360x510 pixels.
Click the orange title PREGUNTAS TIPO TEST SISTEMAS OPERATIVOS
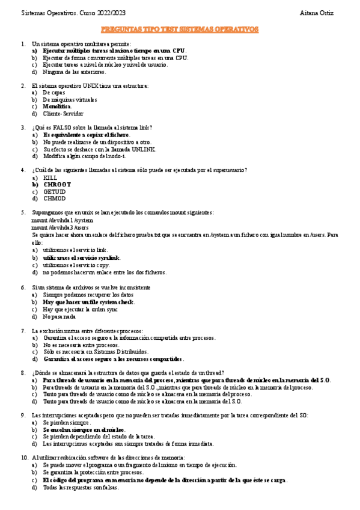180,29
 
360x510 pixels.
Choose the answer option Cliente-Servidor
63,114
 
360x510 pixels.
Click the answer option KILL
50,177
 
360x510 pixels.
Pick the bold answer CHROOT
56,185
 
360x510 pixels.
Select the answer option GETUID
54,191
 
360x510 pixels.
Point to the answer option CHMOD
54,198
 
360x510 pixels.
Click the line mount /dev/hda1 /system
62,220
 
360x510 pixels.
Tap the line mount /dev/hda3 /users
60,227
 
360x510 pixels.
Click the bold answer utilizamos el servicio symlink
81,257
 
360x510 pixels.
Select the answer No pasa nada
59,316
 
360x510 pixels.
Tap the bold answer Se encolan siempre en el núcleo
84,429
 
